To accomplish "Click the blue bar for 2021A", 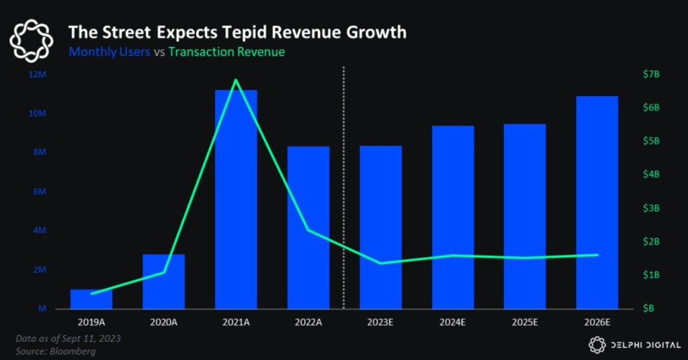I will point(236,201).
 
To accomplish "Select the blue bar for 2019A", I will point(91,300).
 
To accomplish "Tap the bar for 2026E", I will point(597,201).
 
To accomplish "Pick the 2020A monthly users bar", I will point(163,282).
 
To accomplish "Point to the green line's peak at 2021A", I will point(236,80).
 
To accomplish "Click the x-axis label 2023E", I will point(380,322).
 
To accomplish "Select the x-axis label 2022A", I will point(308,322).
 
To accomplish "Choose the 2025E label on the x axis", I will point(525,322).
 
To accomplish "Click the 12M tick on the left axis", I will point(37,74).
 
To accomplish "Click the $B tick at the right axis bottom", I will point(649,308).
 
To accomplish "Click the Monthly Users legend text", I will point(109,52).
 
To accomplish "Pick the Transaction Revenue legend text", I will point(226,52).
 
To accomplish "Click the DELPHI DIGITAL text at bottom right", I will point(642,345).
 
